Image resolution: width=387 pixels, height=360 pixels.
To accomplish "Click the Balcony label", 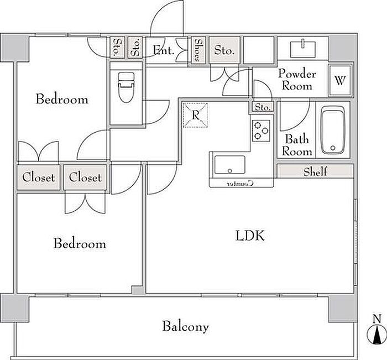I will [x=185, y=326].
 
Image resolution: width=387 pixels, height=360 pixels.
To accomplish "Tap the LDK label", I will [x=250, y=237].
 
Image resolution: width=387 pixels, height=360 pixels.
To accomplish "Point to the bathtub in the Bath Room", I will [x=333, y=129].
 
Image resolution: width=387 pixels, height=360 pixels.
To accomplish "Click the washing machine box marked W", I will [x=340, y=79].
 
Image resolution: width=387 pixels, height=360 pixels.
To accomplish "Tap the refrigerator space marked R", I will [x=195, y=116].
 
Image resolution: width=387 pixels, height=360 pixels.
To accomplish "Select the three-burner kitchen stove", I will [x=262, y=131].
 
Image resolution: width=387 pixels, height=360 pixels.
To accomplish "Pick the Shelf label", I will [x=315, y=171].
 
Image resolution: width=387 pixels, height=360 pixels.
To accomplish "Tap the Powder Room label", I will [x=297, y=80].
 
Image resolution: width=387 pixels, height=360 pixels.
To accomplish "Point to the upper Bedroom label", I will [x=62, y=100].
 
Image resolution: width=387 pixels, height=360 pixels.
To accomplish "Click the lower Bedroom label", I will [x=80, y=243].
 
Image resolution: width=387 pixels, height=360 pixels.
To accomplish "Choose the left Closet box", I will [x=38, y=178].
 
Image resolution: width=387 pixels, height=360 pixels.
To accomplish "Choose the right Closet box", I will [x=86, y=178].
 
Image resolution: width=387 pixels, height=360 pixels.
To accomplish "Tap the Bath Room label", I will [x=297, y=145].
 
